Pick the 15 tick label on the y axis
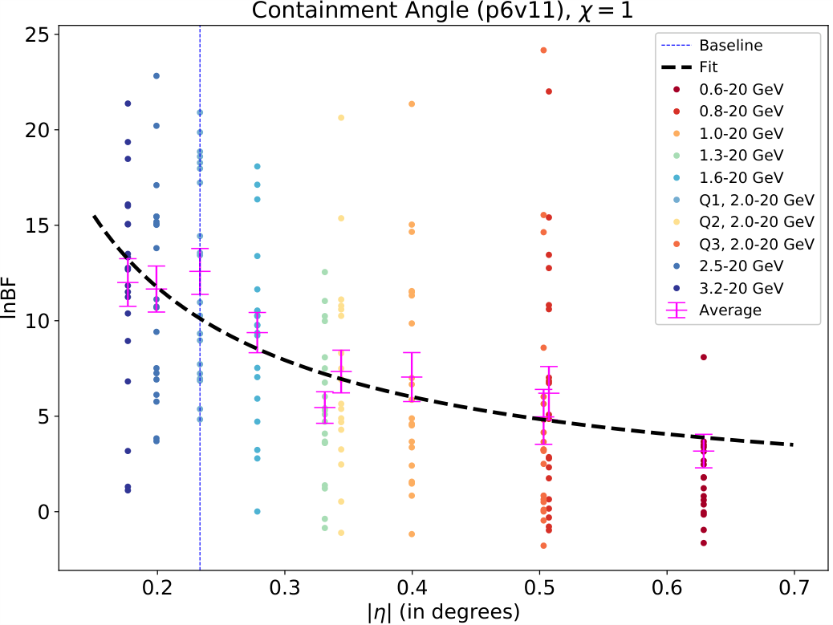pyautogui.click(x=37, y=225)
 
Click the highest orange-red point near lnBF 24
pyautogui.click(x=543, y=51)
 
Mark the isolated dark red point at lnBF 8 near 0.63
pyautogui.click(x=704, y=357)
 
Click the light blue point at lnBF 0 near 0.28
pyautogui.click(x=258, y=511)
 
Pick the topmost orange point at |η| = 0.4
pyautogui.click(x=412, y=104)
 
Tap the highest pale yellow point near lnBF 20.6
pyautogui.click(x=341, y=118)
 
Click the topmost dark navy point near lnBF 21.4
pyautogui.click(x=128, y=103)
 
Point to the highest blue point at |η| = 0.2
pyautogui.click(x=156, y=76)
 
